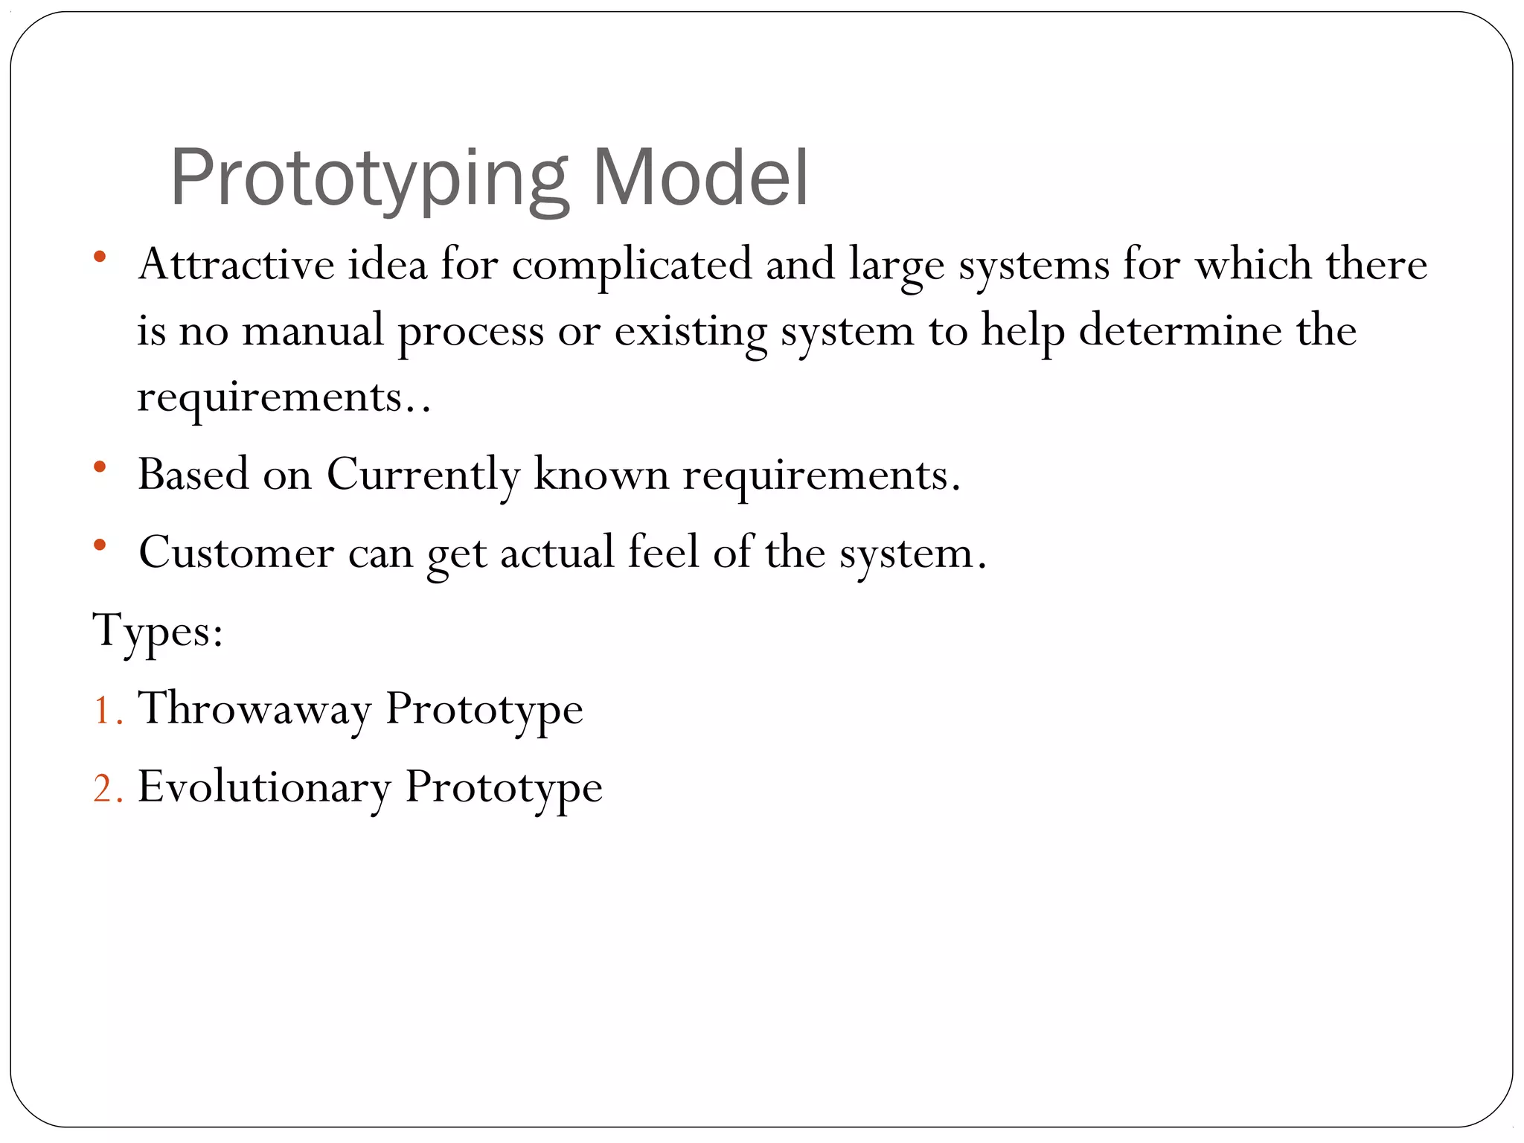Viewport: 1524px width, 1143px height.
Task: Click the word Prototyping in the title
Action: tap(368, 179)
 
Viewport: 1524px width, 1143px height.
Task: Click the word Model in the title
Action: tap(699, 179)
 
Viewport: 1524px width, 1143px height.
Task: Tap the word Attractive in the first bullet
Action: tap(236, 264)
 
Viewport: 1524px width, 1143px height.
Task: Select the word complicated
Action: tap(632, 266)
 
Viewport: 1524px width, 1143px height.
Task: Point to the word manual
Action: tap(313, 331)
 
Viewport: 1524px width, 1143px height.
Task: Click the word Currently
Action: tap(423, 475)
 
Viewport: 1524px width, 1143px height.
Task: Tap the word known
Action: tap(601, 475)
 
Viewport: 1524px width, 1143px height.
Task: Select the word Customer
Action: tap(236, 553)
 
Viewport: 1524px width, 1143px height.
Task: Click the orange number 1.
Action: tap(102, 710)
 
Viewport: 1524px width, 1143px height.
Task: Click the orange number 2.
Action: tap(103, 789)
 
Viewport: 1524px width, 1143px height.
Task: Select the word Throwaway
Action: tap(254, 709)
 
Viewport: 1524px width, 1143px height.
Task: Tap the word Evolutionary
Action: tap(263, 788)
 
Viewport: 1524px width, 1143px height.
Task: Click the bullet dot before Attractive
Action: tap(100, 257)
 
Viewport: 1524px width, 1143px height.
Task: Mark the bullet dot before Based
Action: tap(100, 467)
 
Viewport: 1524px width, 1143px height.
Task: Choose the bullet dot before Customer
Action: tap(100, 545)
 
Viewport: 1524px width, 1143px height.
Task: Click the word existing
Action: tap(690, 331)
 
